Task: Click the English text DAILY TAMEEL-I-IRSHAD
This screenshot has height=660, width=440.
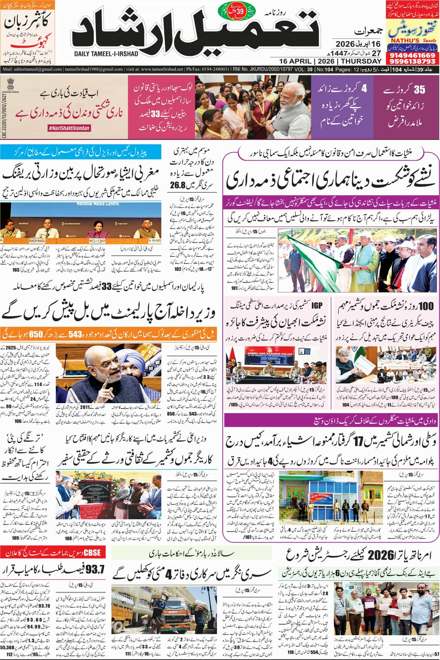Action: (105, 54)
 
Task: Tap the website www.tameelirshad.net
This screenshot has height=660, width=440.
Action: (162, 69)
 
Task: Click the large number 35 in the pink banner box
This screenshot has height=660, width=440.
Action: (419, 90)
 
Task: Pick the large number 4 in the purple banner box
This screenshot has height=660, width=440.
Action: (364, 88)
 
